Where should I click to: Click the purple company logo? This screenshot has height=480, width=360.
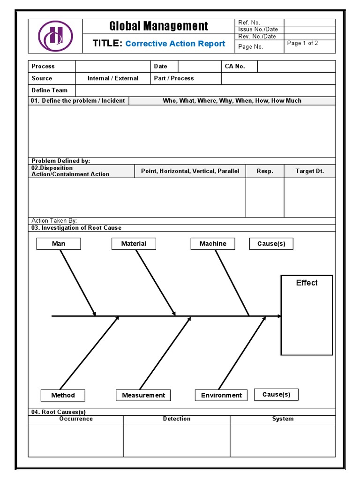coord(55,37)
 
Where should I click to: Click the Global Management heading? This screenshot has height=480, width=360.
coord(158,26)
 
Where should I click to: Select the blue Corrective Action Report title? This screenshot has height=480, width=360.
coord(175,44)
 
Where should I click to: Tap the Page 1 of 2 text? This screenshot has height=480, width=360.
coord(302,43)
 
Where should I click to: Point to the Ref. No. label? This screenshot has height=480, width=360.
coord(249,22)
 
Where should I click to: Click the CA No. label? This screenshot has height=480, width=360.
coord(235,67)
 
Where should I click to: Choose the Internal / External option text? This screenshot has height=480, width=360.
coord(113,78)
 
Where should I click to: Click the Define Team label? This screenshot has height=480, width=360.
coord(49,90)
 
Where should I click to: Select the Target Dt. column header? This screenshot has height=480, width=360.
coord(309,171)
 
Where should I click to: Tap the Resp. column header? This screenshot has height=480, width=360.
coord(265,171)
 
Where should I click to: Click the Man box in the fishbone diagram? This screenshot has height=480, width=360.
coord(59,244)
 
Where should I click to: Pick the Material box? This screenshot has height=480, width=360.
coord(134,244)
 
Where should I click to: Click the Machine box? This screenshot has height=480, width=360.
coord(213,244)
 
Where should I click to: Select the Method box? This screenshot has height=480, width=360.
coord(63,395)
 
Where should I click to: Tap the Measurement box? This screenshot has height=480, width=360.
coord(143,395)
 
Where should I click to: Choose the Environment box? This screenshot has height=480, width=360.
coord(221,395)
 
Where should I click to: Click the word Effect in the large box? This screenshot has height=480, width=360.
coord(307,283)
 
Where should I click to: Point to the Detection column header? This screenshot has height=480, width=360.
coord(177,419)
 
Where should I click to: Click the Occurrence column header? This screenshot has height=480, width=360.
coord(76,419)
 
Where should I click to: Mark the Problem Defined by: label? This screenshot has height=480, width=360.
coord(60,161)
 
